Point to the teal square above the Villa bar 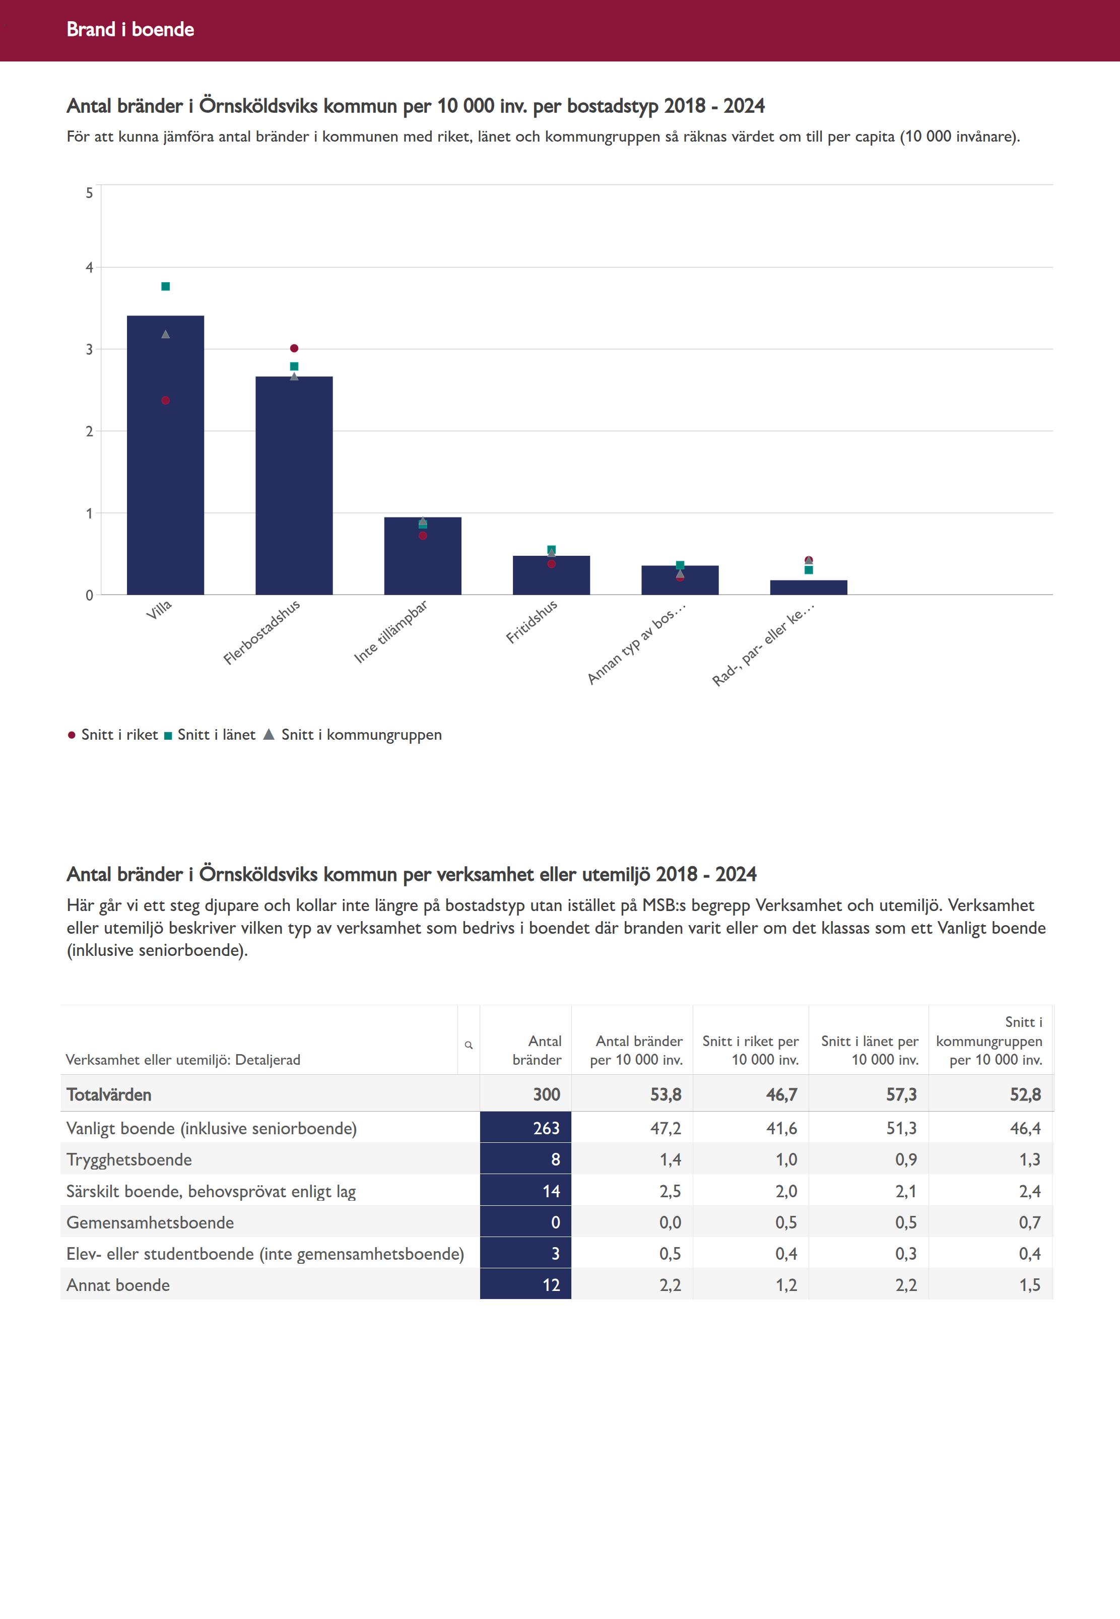pyautogui.click(x=166, y=286)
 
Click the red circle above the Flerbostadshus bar pyautogui.click(x=294, y=348)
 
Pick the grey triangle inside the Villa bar pyautogui.click(x=166, y=334)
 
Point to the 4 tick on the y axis pyautogui.click(x=89, y=268)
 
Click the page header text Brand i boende pyautogui.click(x=130, y=29)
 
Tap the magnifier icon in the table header pyautogui.click(x=469, y=1045)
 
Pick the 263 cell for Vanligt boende pyautogui.click(x=546, y=1128)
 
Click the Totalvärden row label pyautogui.click(x=109, y=1095)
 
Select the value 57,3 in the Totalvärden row pyautogui.click(x=901, y=1095)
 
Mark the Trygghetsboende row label pyautogui.click(x=129, y=1159)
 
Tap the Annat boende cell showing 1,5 pyautogui.click(x=1029, y=1285)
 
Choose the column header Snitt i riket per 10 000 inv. pyautogui.click(x=751, y=1051)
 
